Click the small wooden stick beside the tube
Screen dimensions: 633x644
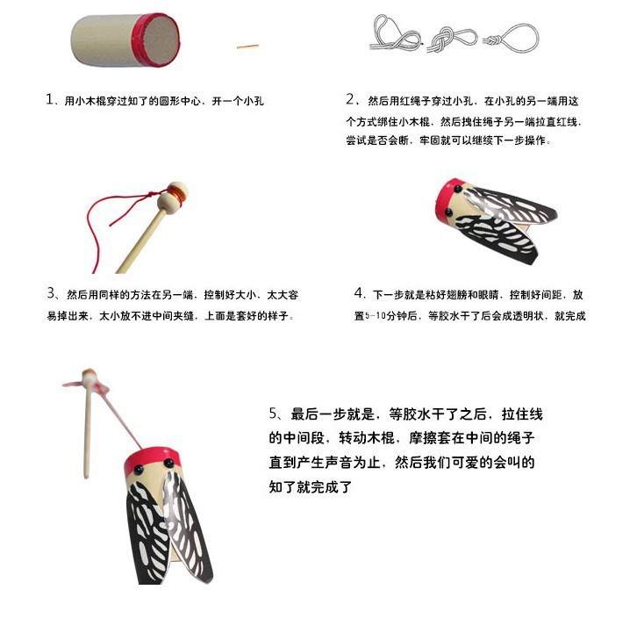pos(247,45)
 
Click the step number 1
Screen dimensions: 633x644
pos(50,100)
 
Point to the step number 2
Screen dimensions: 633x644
pos(351,99)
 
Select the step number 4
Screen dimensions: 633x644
pos(360,293)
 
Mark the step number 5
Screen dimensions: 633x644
pos(273,414)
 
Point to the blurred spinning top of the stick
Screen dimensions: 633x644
pos(90,380)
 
